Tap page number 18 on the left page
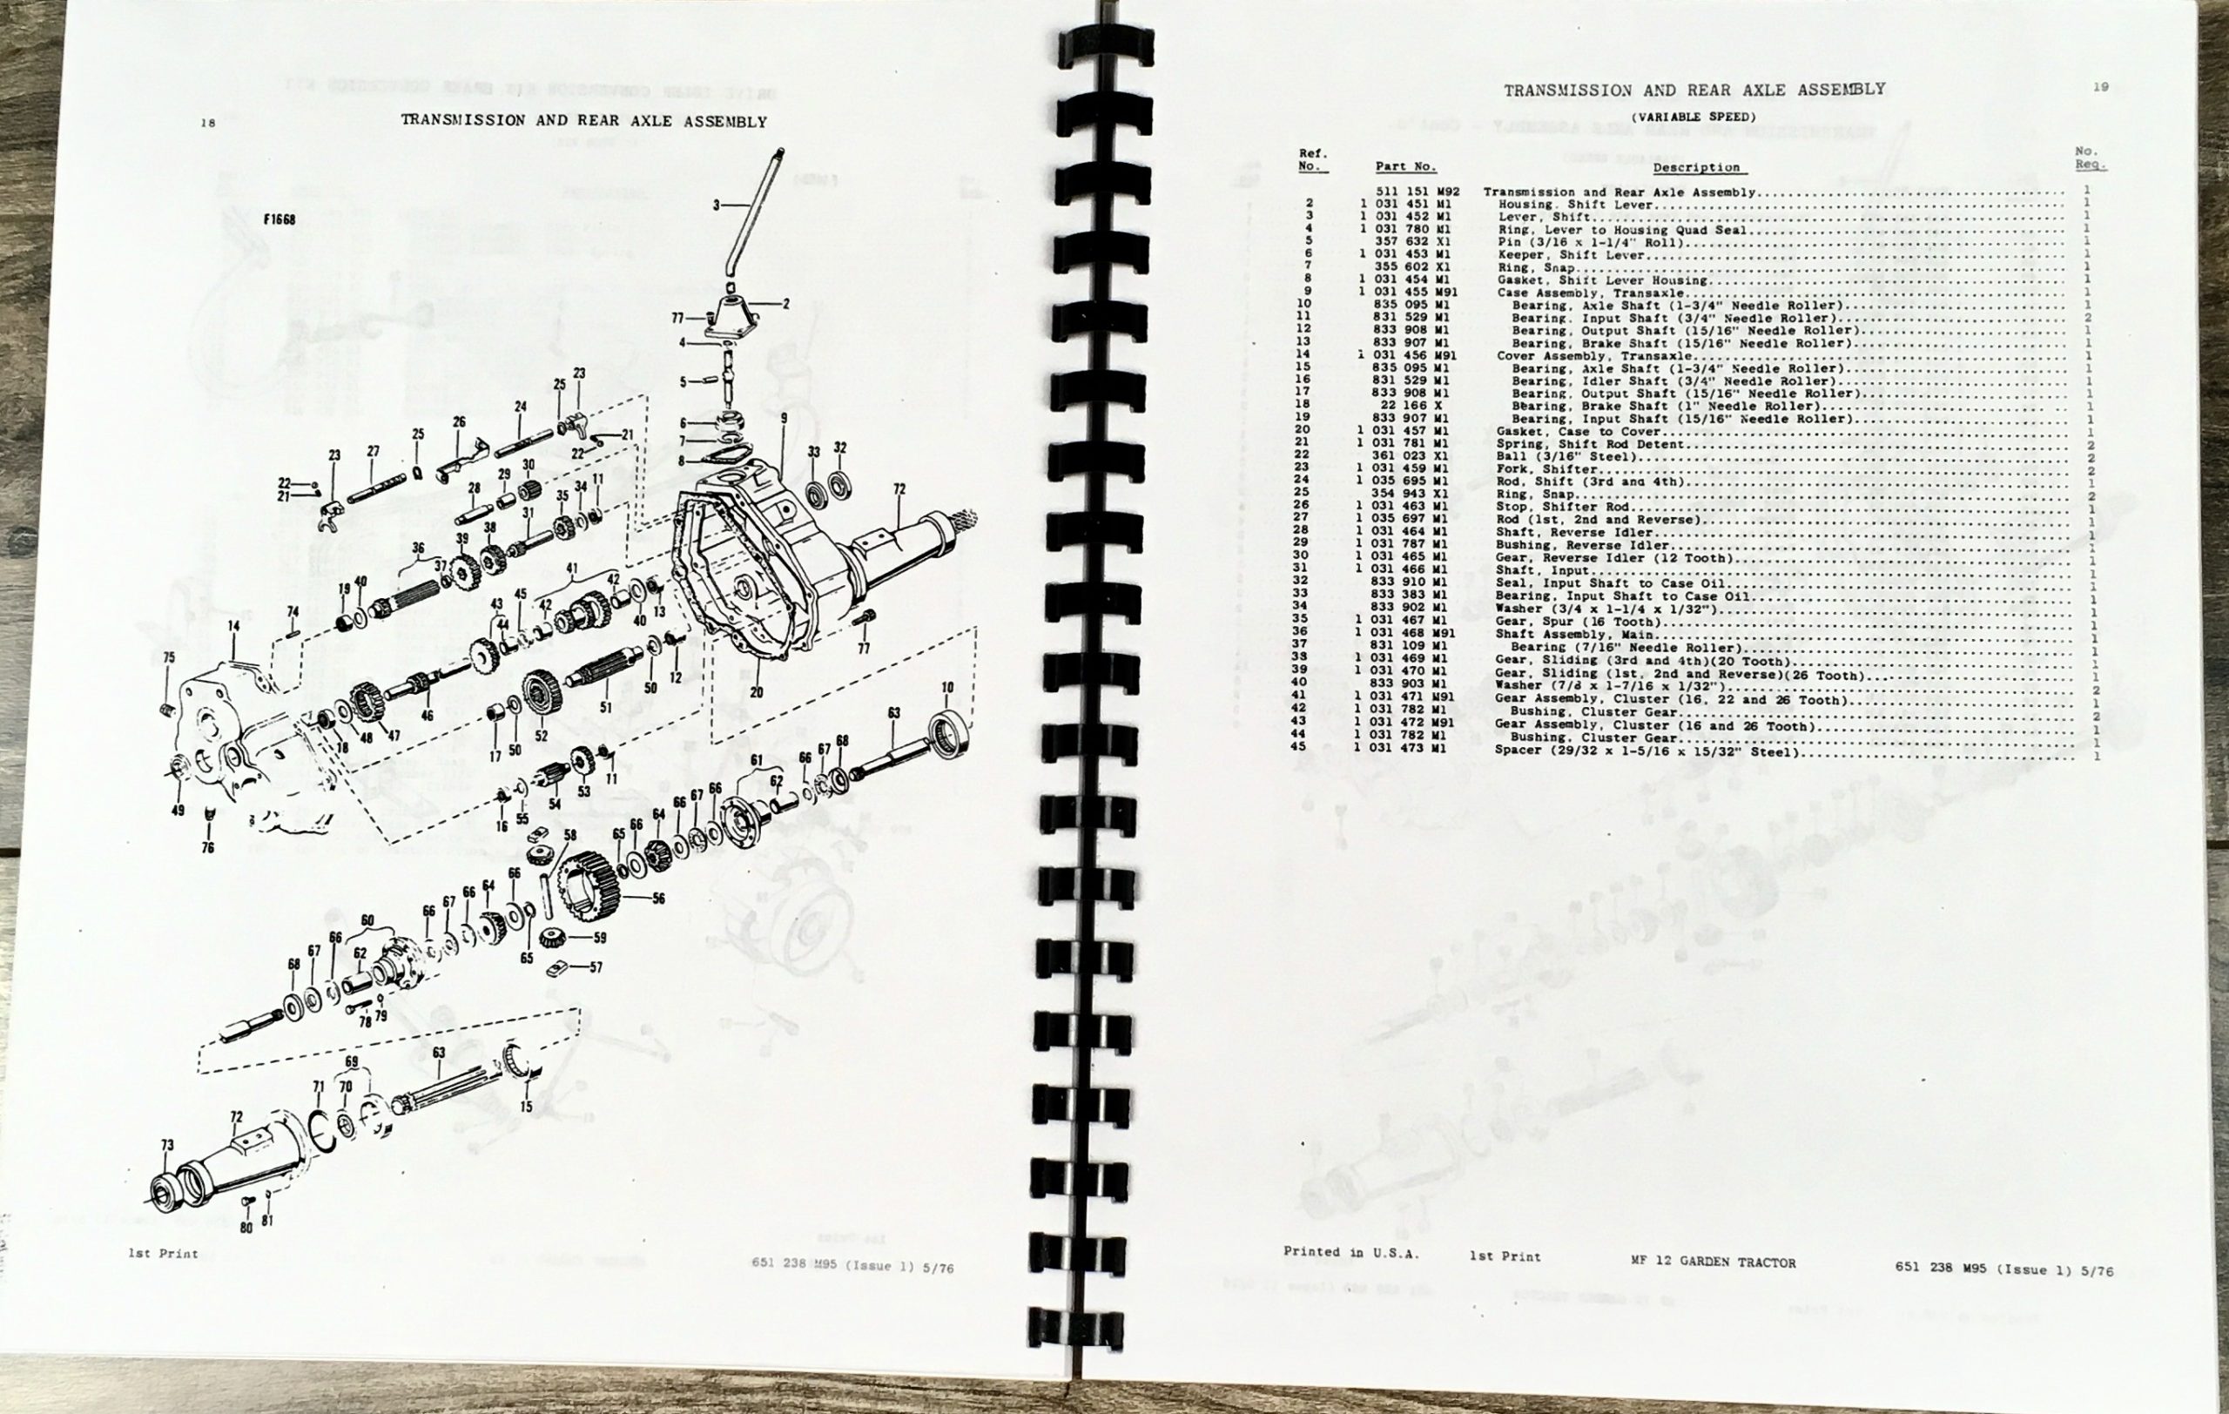pos(207,123)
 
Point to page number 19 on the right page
pos(2100,87)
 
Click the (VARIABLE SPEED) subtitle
pos(1692,118)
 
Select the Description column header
pos(1696,167)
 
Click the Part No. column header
pos(1405,166)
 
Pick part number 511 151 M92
pos(1418,192)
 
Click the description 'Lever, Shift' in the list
pos(1530,217)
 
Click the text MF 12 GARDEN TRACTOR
pos(1713,1262)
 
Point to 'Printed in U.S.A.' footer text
pos(1350,1252)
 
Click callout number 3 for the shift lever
pos(716,205)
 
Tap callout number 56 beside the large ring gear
pos(658,899)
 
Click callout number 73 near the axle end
pos(166,1145)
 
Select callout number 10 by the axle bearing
pos(947,688)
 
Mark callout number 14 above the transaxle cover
pos(234,627)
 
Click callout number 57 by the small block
pos(596,967)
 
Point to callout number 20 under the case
pos(757,692)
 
